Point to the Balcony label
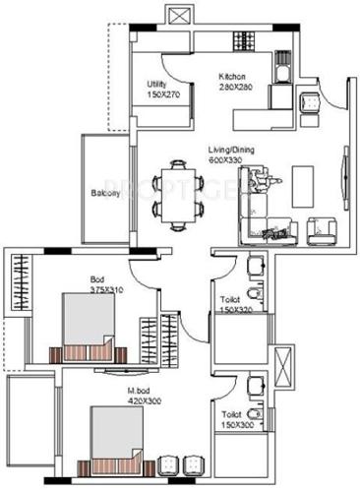coord(107,193)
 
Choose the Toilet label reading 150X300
coord(236,421)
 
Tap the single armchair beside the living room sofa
coord(320,229)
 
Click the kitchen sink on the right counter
coord(308,99)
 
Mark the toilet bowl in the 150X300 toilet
coord(257,386)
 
